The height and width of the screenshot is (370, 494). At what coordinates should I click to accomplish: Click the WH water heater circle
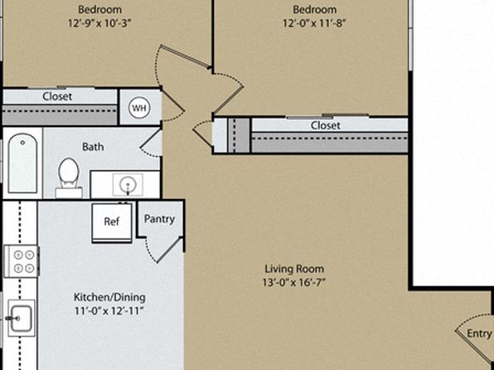(x=139, y=108)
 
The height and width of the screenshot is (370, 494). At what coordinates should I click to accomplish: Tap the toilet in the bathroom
(x=69, y=178)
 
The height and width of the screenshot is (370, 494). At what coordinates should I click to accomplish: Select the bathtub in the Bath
(x=22, y=163)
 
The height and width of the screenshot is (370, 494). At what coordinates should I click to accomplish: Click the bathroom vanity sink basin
(x=128, y=184)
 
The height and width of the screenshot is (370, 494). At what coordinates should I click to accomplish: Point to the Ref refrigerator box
(x=112, y=223)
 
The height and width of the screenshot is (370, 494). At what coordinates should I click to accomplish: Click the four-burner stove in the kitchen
(x=22, y=261)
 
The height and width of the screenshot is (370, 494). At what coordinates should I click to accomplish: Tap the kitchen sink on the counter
(x=21, y=318)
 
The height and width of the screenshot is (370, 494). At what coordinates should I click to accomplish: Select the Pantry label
(x=159, y=219)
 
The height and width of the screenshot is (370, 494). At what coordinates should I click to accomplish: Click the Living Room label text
(x=294, y=269)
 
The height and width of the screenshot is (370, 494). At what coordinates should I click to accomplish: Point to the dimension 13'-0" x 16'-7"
(x=294, y=282)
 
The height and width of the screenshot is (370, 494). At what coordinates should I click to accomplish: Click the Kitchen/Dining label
(x=109, y=297)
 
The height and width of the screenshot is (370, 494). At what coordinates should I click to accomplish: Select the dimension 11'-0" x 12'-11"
(x=109, y=311)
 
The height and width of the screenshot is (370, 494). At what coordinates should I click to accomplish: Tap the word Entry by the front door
(x=479, y=333)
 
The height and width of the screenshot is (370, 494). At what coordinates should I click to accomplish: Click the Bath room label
(x=93, y=147)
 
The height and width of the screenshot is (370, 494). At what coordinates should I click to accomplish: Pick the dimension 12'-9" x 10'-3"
(x=99, y=23)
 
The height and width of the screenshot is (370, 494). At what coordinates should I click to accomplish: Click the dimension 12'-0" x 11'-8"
(x=314, y=23)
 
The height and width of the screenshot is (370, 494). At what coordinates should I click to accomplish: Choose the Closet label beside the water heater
(x=57, y=96)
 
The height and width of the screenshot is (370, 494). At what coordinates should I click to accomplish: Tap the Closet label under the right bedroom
(x=326, y=125)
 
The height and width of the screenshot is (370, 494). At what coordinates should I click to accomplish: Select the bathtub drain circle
(x=22, y=143)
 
